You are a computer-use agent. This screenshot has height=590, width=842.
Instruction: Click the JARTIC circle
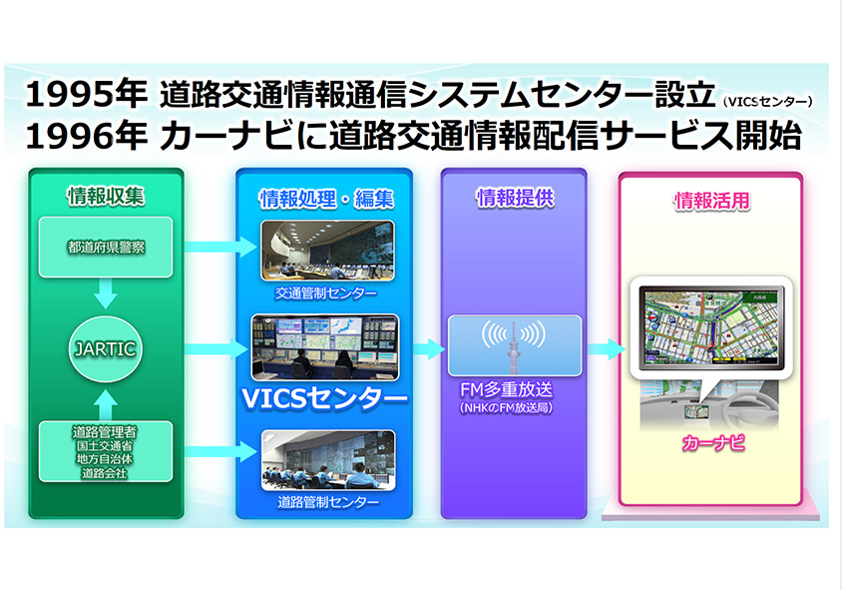[x=106, y=349]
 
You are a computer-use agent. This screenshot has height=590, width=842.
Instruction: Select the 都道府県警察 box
[x=106, y=247]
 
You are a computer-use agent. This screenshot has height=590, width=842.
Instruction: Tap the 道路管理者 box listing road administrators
[x=106, y=452]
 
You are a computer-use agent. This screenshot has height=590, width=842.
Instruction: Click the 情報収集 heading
[x=106, y=196]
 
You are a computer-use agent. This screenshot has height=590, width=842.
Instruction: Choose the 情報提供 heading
[x=514, y=198]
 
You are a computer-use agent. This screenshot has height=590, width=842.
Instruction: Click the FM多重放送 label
[x=514, y=392]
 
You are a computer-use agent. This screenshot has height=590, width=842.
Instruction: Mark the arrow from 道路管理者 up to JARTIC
[x=106, y=403]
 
